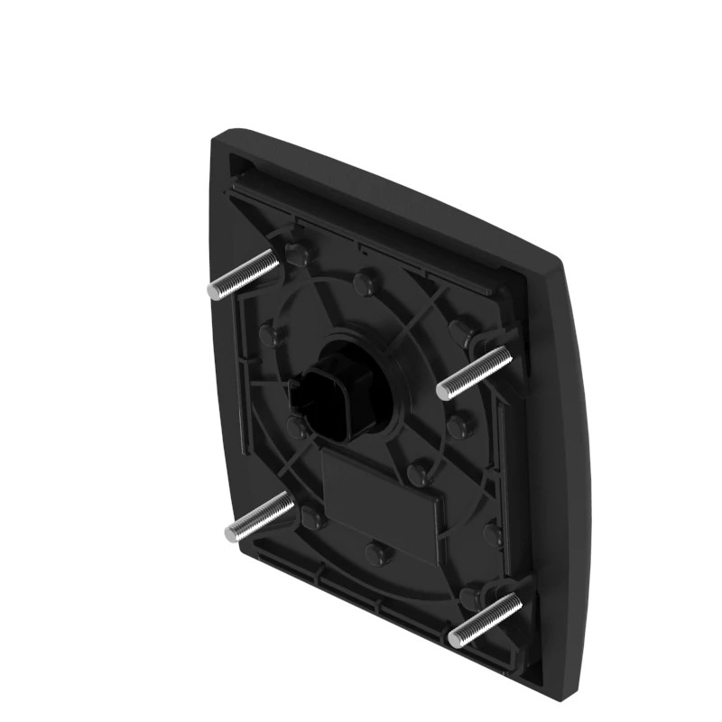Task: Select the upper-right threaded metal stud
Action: pos(475,373)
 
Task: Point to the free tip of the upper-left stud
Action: pos(213,291)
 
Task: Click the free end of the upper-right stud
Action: pos(443,391)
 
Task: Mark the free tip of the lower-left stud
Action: pos(232,533)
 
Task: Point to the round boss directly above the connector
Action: pos(363,284)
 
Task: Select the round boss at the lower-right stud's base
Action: pos(470,597)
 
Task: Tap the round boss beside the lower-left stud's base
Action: pos(312,518)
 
